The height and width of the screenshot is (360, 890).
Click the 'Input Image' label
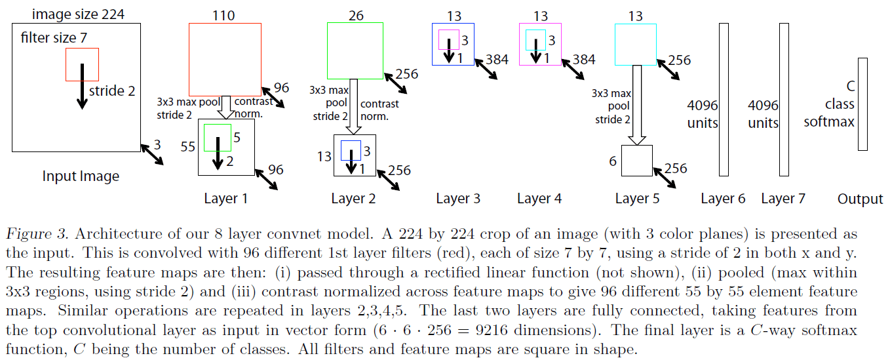click(81, 176)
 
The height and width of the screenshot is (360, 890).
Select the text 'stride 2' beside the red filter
click(112, 91)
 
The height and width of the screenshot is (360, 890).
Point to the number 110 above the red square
click(224, 16)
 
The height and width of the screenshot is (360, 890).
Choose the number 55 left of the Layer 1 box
click(188, 147)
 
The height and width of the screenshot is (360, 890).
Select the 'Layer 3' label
click(458, 198)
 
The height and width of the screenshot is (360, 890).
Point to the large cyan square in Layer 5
click(636, 44)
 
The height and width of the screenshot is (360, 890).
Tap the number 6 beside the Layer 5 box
click(613, 161)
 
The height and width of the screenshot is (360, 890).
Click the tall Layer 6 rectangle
click(724, 99)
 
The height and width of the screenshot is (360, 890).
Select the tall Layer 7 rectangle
click(783, 99)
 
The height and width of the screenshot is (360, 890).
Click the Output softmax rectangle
click(862, 104)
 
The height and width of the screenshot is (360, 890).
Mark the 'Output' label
click(860, 199)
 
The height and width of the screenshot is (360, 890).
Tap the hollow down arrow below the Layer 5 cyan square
click(636, 105)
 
